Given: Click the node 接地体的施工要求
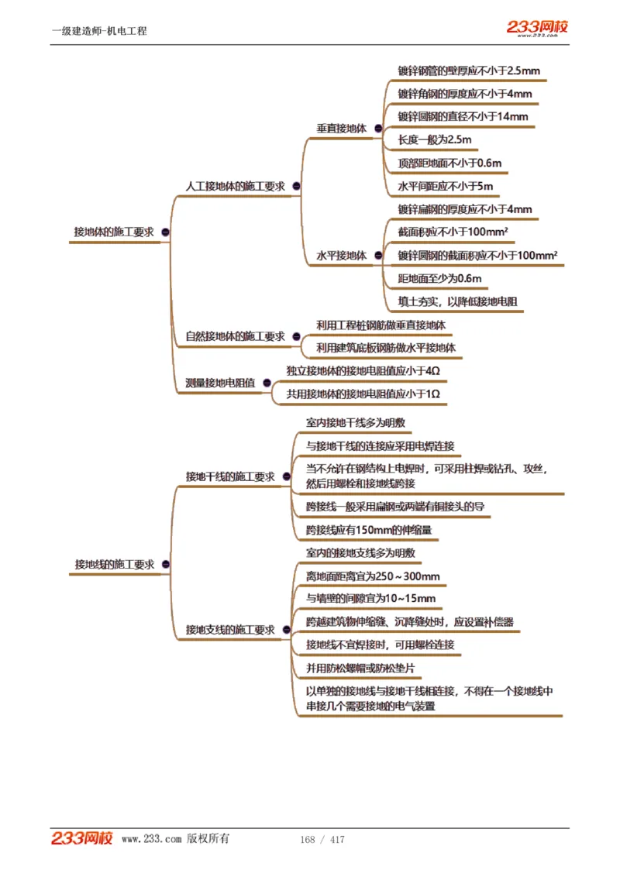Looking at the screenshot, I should (113, 232).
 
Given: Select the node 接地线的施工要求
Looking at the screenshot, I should (114, 565).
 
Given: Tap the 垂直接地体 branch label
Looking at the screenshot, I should (341, 129).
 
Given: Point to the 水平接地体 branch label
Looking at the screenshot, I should (341, 256).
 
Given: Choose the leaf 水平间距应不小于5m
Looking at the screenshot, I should (445, 187).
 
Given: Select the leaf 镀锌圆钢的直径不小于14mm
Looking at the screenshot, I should (463, 117).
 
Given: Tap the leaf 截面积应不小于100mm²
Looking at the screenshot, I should (453, 232).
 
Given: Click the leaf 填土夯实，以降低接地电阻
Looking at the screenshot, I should (457, 301).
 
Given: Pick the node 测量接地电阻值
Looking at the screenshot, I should (220, 383).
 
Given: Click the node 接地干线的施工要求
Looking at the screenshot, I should (230, 476).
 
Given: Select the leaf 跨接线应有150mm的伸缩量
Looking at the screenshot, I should (368, 530).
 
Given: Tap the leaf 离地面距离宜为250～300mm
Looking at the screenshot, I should (373, 576).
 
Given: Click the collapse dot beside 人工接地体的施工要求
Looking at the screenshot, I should (296, 187).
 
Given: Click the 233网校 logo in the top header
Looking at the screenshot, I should (537, 28).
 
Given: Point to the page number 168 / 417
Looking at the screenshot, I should (322, 840).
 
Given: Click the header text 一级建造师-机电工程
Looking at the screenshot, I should (99, 31).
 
